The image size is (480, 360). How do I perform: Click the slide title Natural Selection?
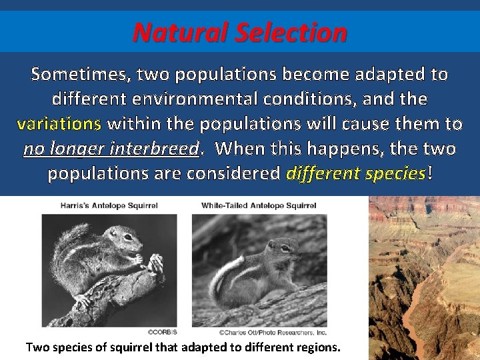[239, 32]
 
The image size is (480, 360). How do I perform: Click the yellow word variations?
[59, 124]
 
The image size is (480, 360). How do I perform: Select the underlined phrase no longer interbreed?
[111, 149]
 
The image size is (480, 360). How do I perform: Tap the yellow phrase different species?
[355, 174]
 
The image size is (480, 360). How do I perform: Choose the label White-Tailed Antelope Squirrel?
[259, 206]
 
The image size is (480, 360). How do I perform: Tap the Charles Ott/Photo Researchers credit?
[263, 331]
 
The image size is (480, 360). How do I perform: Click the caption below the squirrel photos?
[182, 347]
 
